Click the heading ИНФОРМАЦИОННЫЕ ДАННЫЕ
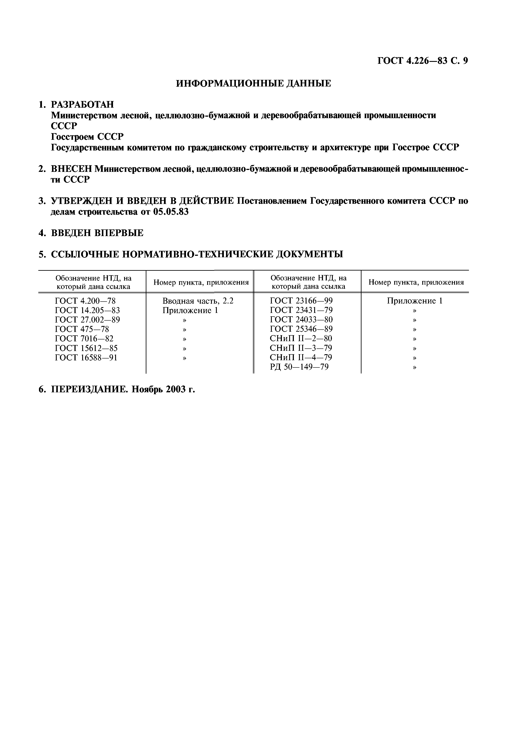[x=254, y=84]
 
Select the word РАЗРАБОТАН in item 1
[x=82, y=105]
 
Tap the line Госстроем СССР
[x=87, y=136]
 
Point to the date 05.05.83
[x=171, y=212]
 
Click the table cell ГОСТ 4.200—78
[x=85, y=301]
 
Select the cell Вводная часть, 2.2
[x=198, y=301]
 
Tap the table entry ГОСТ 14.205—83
[x=87, y=310]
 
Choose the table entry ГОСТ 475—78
[x=82, y=329]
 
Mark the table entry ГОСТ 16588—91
[x=86, y=357]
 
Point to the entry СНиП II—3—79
[x=301, y=348]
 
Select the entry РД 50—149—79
[x=299, y=367]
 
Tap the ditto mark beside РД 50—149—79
[x=415, y=367]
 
